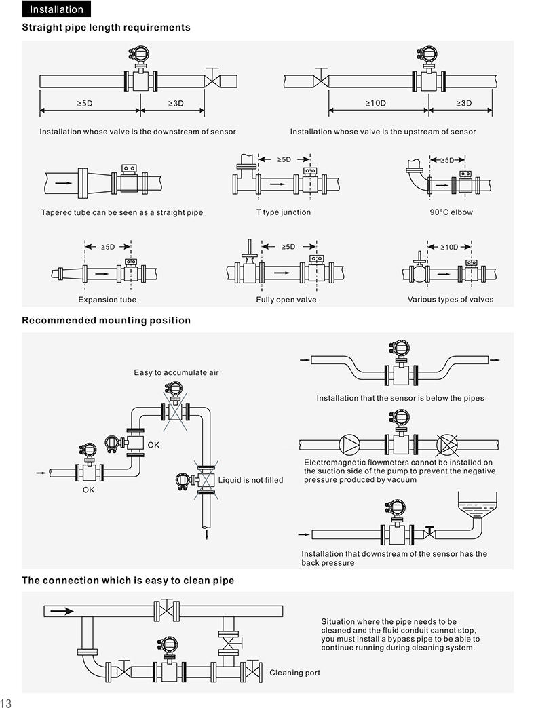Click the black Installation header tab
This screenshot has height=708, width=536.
pyautogui.click(x=56, y=9)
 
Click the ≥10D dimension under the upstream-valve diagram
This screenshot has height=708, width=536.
pyautogui.click(x=375, y=103)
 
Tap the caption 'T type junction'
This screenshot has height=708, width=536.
pyautogui.click(x=283, y=212)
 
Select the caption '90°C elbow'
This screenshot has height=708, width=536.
pyautogui.click(x=451, y=212)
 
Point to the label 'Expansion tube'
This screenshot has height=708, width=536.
pyautogui.click(x=107, y=300)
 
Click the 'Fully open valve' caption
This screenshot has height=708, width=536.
pyautogui.click(x=286, y=300)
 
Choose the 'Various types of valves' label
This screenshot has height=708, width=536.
pyautogui.click(x=451, y=300)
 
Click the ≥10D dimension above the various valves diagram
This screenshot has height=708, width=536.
pyautogui.click(x=448, y=248)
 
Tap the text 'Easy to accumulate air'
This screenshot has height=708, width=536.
pyautogui.click(x=176, y=372)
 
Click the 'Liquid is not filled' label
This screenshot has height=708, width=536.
pyautogui.click(x=250, y=480)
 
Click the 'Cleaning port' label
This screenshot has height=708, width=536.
pyautogui.click(x=295, y=673)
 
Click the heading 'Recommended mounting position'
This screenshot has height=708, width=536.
pyautogui.click(x=107, y=320)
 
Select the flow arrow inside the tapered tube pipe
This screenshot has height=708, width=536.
pyautogui.click(x=62, y=183)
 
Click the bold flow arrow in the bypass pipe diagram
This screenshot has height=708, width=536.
pyautogui.click(x=62, y=610)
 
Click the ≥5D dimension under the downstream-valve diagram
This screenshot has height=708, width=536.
pyautogui.click(x=85, y=103)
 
